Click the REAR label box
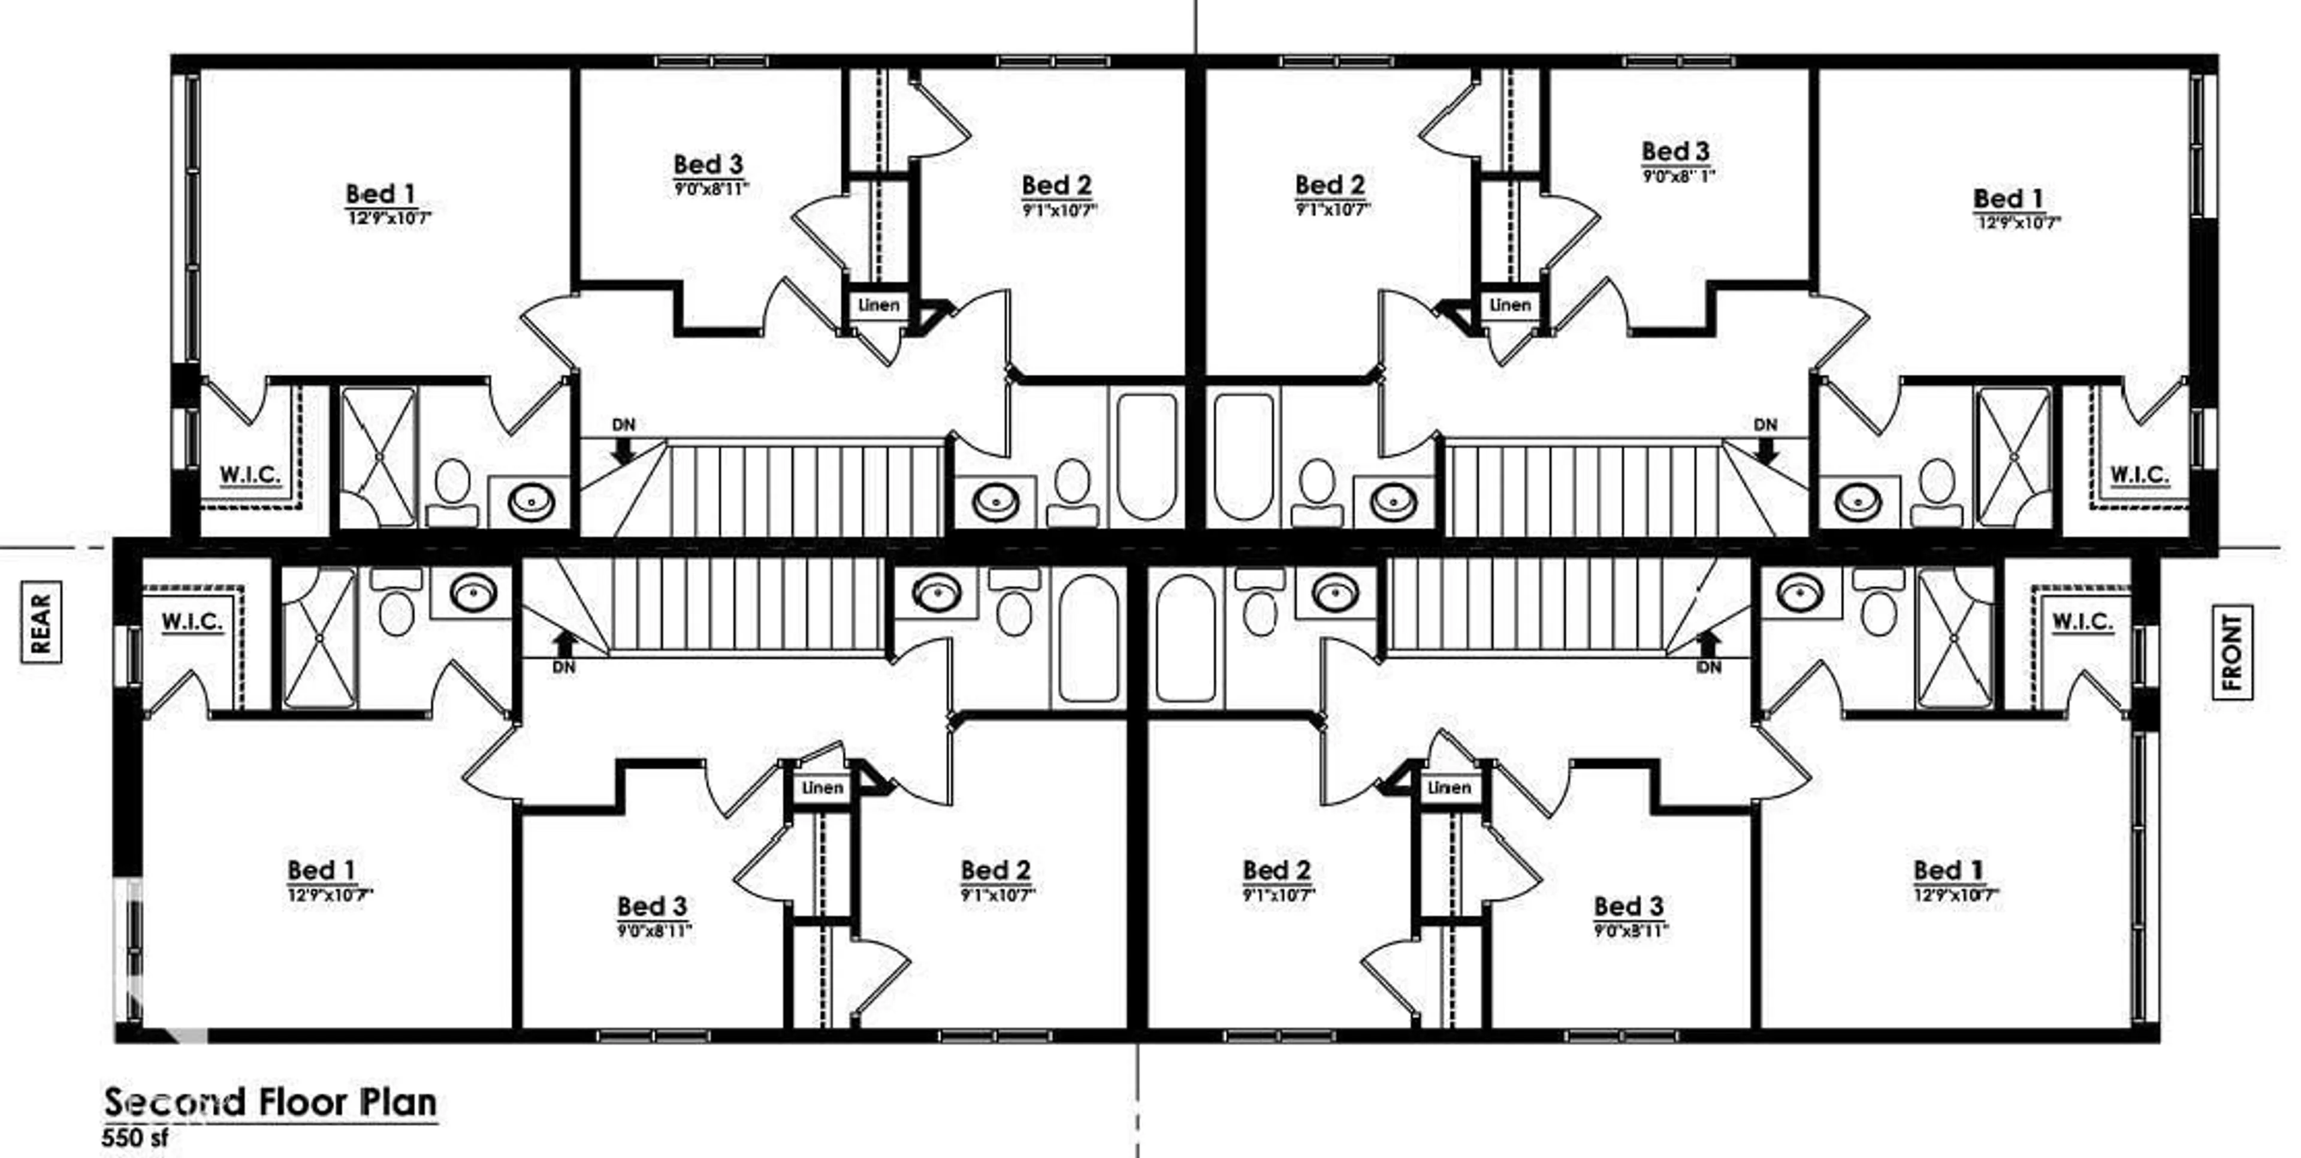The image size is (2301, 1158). pos(40,622)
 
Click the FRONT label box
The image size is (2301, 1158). pos(2230,652)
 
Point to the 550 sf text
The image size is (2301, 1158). pos(135,1138)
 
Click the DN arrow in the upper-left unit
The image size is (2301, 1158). pos(623,450)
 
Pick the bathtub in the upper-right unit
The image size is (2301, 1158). pos(1243,456)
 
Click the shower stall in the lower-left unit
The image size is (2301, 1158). pos(319,638)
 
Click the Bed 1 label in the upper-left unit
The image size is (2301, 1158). pos(380,194)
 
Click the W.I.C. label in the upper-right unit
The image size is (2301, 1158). pos(2139,475)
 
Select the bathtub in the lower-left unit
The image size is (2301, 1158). pos(1087,637)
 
